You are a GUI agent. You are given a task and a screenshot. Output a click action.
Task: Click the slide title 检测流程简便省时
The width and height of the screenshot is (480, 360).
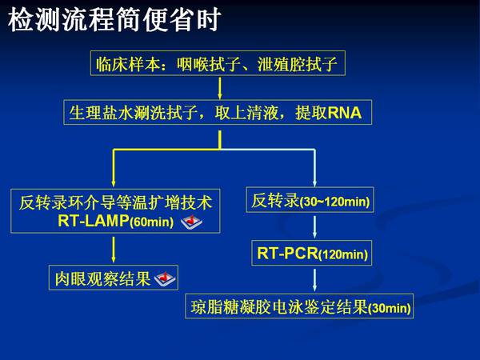point(114,19)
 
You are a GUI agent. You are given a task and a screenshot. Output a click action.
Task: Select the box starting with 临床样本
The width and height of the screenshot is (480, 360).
point(218,63)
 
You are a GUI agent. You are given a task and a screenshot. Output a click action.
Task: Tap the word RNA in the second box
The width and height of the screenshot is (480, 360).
point(344,113)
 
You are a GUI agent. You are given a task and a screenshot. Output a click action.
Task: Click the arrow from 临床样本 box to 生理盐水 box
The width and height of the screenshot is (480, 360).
point(219,88)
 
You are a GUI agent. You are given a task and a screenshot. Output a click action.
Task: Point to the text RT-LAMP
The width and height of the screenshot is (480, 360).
point(94,221)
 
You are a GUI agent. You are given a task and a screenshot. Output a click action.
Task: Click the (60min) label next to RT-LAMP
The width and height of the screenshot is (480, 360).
point(151,222)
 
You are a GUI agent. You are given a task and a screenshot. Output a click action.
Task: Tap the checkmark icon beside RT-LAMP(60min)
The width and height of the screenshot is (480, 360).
point(191,222)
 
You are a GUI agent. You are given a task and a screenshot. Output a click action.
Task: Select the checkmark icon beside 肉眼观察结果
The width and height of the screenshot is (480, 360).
point(165,279)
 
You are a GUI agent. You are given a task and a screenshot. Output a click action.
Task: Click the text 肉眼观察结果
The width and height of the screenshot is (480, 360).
point(102,279)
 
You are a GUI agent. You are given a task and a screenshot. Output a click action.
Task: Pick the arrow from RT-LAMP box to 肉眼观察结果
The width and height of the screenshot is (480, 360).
point(114,250)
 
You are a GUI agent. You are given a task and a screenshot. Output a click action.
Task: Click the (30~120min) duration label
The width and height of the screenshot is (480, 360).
point(334,202)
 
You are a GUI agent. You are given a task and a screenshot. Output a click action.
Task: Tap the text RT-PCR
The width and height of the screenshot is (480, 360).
point(287,253)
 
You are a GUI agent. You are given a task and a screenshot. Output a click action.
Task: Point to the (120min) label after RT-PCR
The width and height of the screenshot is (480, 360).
point(343,254)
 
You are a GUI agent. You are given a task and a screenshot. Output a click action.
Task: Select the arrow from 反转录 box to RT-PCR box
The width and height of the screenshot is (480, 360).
point(314,227)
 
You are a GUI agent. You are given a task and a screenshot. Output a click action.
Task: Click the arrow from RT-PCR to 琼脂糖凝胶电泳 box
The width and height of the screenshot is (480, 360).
point(314,280)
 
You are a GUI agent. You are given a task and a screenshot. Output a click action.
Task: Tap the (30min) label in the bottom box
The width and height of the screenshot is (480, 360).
point(389,308)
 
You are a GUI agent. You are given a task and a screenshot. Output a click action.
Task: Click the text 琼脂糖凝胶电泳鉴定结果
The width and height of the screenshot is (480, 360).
point(279,307)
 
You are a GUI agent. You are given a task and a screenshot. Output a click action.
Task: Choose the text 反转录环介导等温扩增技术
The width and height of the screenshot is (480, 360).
point(115,202)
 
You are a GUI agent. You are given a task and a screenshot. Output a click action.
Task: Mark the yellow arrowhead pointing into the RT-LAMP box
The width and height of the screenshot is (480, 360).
point(114,183)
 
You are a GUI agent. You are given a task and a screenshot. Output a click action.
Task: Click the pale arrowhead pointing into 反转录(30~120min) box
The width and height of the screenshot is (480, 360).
point(314,182)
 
